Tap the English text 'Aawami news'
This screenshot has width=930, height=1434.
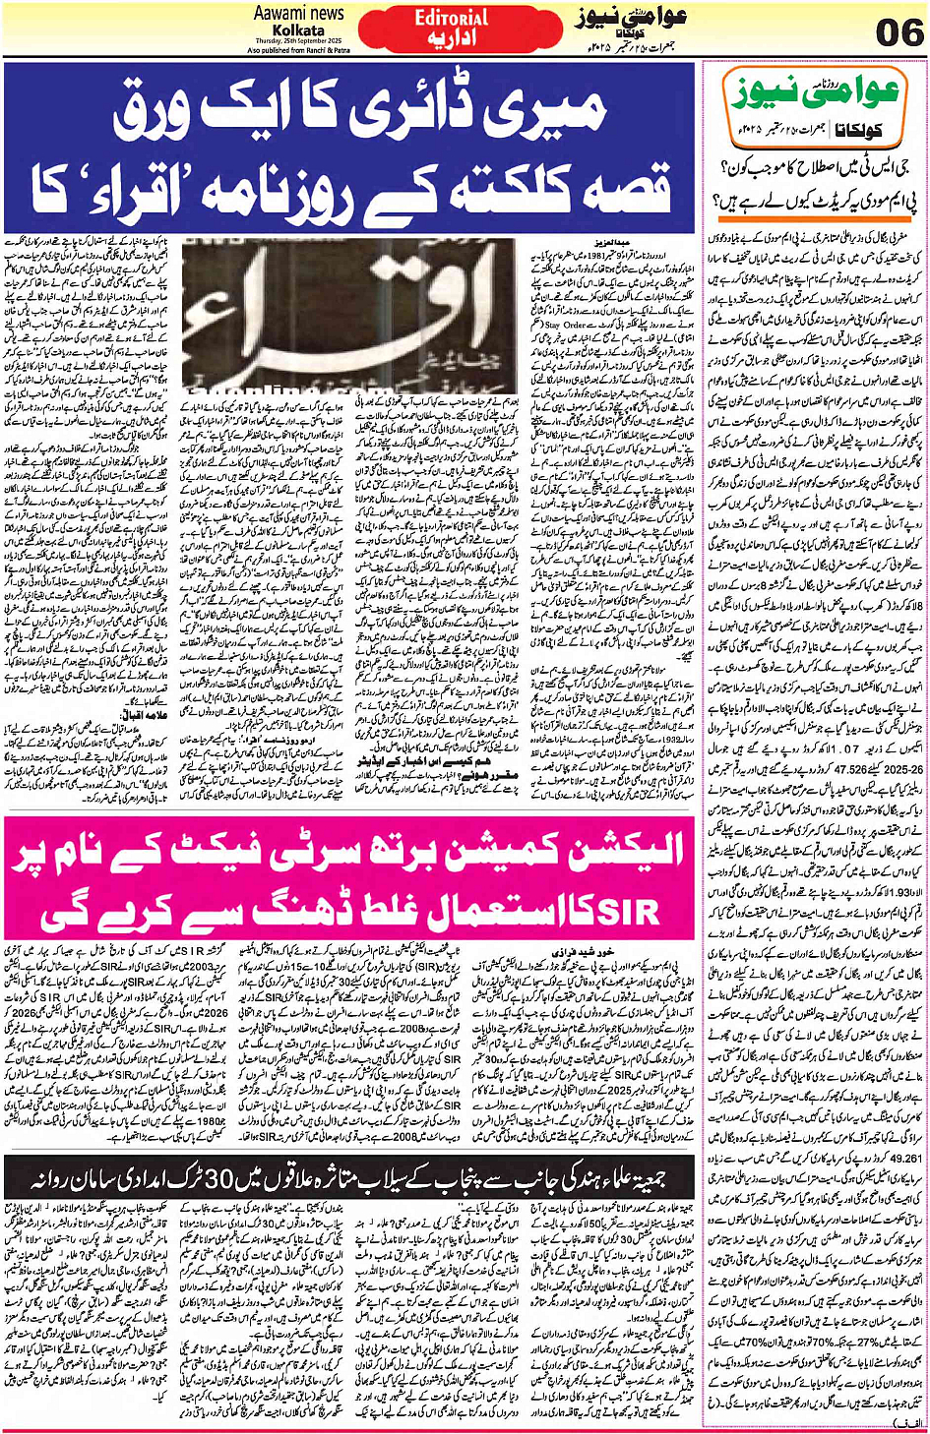[x=298, y=14]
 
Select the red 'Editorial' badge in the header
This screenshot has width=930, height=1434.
[x=451, y=18]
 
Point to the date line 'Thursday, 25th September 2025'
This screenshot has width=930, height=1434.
[x=297, y=40]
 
